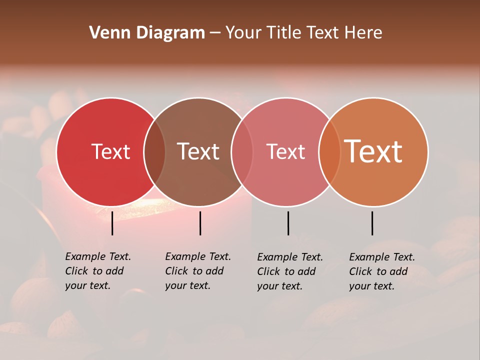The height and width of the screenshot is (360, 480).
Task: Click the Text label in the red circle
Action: click(x=110, y=151)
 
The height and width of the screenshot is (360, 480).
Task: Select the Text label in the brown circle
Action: click(x=198, y=151)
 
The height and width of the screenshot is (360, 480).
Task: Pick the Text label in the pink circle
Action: click(x=285, y=151)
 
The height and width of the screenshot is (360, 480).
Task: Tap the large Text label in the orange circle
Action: click(x=373, y=151)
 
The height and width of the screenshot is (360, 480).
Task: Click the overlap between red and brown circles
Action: click(x=154, y=152)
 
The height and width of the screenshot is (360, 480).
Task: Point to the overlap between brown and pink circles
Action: click(x=242, y=152)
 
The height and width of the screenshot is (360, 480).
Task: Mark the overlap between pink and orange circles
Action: click(x=329, y=152)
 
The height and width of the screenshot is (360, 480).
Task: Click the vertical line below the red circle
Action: click(x=112, y=223)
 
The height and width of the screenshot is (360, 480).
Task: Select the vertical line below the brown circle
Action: click(x=200, y=223)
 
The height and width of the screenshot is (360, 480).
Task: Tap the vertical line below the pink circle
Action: click(x=288, y=223)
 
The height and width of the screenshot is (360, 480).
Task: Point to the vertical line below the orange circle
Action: click(x=372, y=223)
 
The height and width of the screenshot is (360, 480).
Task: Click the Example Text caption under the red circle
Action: click(x=98, y=271)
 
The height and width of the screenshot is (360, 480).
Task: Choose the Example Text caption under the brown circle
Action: click(x=198, y=271)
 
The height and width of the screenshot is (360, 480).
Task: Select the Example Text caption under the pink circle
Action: click(x=290, y=271)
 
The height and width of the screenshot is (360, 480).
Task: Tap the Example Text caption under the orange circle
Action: click(x=382, y=271)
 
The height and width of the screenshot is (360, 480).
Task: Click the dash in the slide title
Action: click(x=215, y=33)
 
